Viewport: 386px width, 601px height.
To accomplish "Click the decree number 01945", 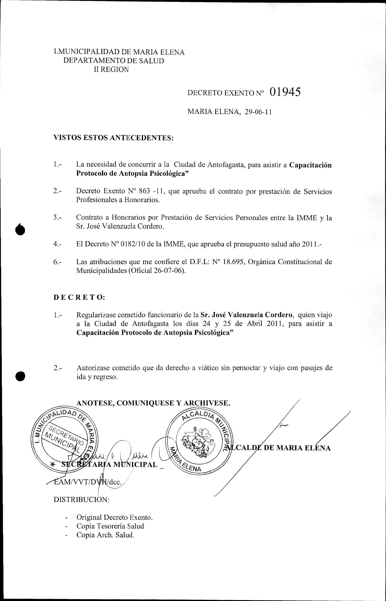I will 285,92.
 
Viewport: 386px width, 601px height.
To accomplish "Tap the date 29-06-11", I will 258,112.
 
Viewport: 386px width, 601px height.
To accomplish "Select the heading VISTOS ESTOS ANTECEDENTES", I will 114,138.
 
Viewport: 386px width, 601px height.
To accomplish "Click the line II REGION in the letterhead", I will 111,70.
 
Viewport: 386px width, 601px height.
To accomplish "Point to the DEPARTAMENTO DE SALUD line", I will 114,61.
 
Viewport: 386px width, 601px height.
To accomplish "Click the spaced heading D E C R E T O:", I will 79,297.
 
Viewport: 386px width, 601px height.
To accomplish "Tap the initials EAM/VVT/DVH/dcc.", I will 88,482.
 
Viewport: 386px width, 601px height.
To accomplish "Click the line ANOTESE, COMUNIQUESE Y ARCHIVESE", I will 153,403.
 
